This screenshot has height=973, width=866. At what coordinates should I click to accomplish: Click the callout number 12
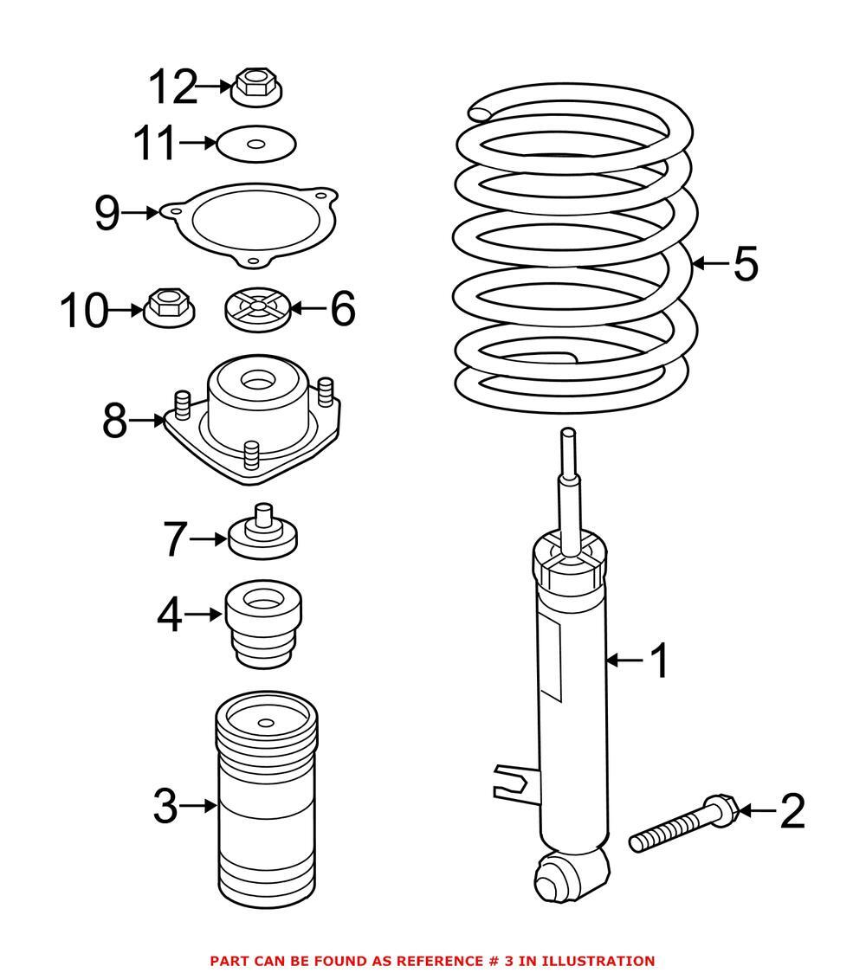(x=173, y=87)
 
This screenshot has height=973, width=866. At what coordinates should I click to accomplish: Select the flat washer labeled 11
(x=255, y=144)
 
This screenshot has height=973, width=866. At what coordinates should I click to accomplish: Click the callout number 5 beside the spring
(x=745, y=263)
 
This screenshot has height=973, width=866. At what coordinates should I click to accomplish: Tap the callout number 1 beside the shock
(x=660, y=661)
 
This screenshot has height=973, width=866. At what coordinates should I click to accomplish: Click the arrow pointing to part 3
(x=199, y=806)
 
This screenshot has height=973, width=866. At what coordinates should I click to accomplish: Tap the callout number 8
(x=114, y=422)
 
